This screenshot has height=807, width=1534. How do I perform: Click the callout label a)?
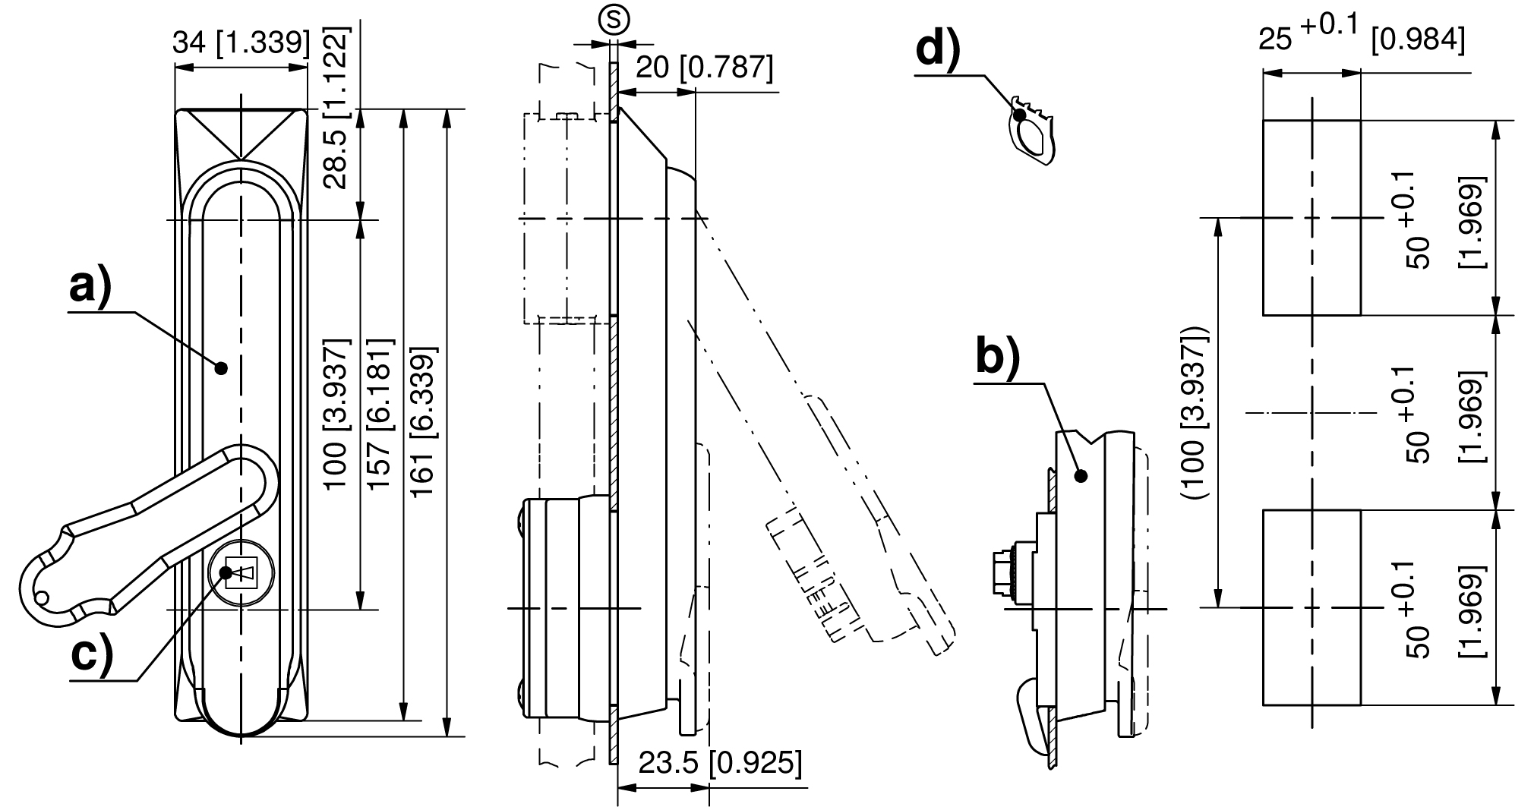click(90, 288)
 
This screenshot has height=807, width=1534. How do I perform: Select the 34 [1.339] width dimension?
click(241, 43)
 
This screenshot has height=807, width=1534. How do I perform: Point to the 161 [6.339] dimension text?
click(424, 425)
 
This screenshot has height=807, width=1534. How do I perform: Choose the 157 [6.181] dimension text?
click(380, 425)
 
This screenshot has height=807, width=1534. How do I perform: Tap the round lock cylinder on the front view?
click(241, 572)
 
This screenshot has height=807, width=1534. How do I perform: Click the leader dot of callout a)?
click(221, 368)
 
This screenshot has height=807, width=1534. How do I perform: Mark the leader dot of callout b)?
click(1081, 476)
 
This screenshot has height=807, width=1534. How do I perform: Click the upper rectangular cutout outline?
click(1311, 217)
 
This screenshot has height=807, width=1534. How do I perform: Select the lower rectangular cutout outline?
click(1311, 607)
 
